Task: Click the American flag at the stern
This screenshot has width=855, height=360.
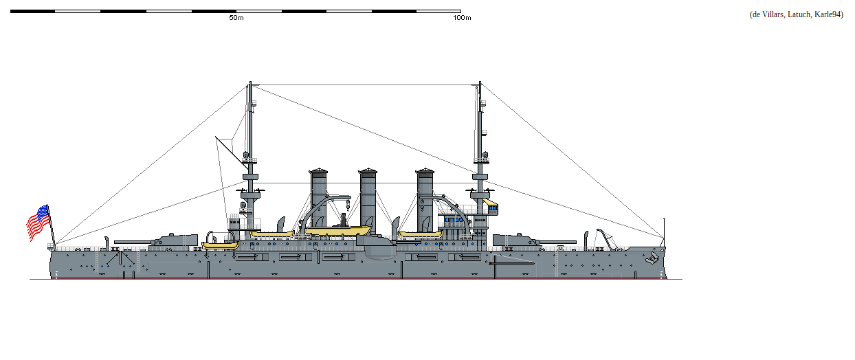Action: pyautogui.click(x=38, y=223)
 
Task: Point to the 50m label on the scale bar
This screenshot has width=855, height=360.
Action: pyautogui.click(x=236, y=18)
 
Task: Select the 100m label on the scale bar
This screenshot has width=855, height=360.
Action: pyautogui.click(x=462, y=18)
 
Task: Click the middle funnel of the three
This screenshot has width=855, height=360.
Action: pyautogui.click(x=368, y=196)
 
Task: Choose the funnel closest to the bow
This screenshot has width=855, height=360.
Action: pyautogui.click(x=425, y=196)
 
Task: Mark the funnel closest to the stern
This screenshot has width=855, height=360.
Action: pyautogui.click(x=319, y=196)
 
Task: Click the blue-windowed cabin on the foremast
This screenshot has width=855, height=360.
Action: pyautogui.click(x=492, y=207)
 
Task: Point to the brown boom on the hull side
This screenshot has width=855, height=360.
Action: pyautogui.click(x=511, y=262)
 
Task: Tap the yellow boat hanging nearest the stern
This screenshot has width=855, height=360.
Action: pyautogui.click(x=220, y=244)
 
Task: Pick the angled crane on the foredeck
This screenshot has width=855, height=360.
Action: pyautogui.click(x=605, y=238)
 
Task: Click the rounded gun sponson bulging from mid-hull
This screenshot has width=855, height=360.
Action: pyautogui.click(x=377, y=248)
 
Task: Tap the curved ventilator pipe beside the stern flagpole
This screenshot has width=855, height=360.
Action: pyautogui.click(x=107, y=241)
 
